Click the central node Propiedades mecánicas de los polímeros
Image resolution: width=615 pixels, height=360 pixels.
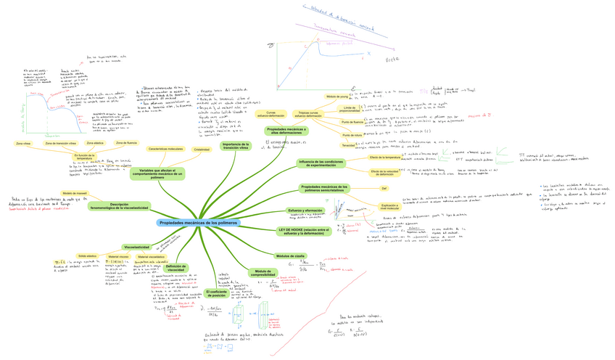tap(197, 222)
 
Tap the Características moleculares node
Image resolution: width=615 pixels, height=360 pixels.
tap(165, 149)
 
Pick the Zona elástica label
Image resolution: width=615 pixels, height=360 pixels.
tap(96, 144)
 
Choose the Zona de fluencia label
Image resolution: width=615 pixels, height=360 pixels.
tap(126, 144)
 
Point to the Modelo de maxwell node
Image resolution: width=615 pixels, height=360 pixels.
tap(75, 193)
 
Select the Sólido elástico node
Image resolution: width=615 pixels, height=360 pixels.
tap(87, 256)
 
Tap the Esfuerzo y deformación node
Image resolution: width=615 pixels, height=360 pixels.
tap(305, 210)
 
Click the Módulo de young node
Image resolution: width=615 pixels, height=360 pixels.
tap(337, 96)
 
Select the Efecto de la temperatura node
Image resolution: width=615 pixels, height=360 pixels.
tap(384, 157)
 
